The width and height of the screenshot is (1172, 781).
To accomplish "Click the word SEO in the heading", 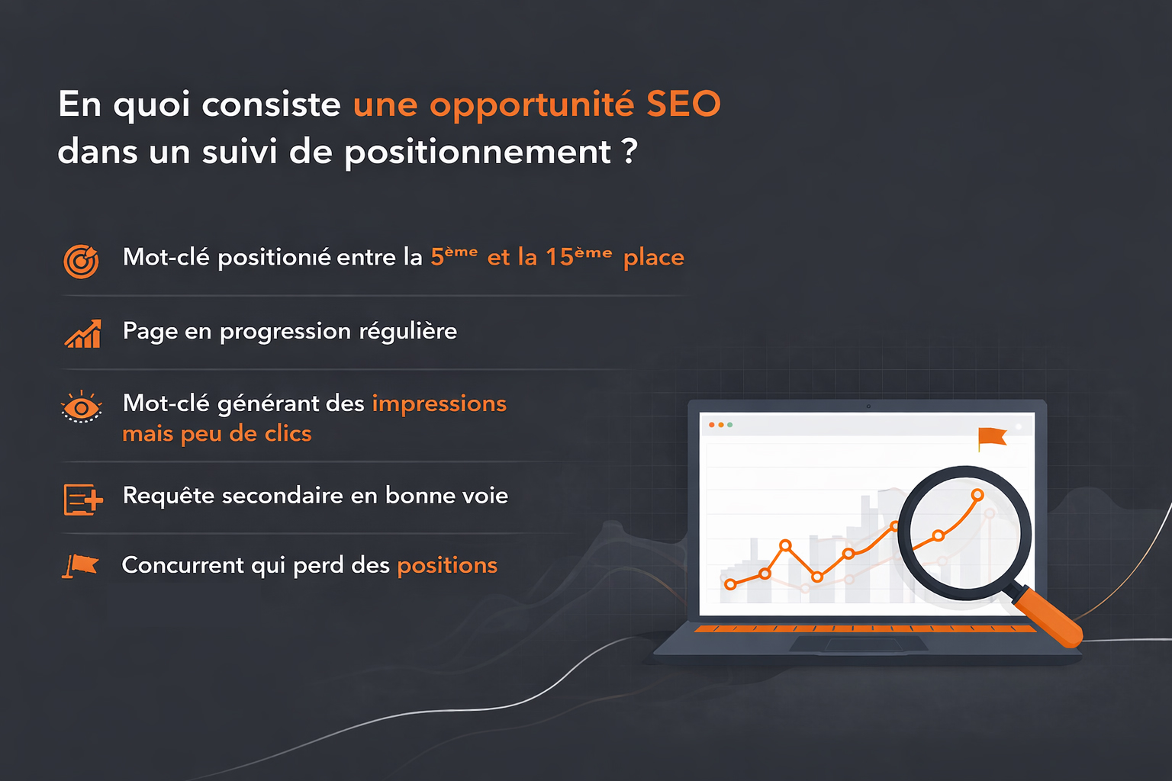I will coord(683,104).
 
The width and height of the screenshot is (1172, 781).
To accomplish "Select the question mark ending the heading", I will coord(629,151).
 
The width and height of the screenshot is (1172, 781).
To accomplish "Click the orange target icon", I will coord(81,261).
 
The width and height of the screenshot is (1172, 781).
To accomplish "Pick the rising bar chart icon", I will coord(83,334).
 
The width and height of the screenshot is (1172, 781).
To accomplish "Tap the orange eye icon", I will coord(81,407).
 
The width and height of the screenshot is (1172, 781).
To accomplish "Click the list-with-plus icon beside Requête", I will coord(82,500).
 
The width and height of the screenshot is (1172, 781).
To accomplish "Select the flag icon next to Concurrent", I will coord(81,566).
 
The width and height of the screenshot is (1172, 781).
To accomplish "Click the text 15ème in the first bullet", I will coord(578,257).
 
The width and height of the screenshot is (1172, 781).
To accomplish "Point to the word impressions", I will coord(439,403).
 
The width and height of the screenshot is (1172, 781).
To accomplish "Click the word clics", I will coord(288,434).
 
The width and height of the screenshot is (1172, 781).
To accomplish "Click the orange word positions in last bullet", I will coord(447,565).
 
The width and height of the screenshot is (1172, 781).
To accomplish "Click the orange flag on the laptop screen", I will coord(992,438).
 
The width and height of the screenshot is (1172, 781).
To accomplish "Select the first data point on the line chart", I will coord(730,584).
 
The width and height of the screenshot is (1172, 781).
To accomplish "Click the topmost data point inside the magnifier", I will coord(977,495).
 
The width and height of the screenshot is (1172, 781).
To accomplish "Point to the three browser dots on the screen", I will coord(720,425).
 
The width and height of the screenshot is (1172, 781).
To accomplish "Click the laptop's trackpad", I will coord(858,645).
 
